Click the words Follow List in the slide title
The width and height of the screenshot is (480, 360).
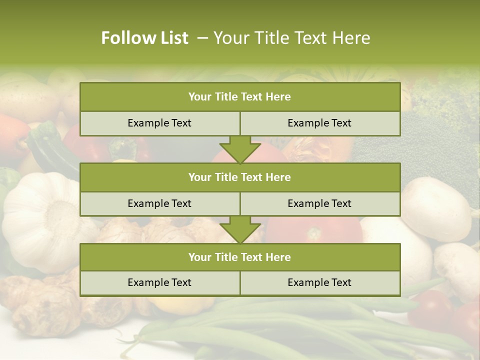point(144,38)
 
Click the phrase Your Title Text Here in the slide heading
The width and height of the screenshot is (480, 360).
point(291,38)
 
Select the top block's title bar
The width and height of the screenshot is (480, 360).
point(239,97)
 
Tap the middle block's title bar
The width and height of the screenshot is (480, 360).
point(239,177)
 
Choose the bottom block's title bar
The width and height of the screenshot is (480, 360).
point(239,257)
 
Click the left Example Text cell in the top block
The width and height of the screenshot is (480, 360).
point(159,123)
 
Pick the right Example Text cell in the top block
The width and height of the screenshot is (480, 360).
point(319,123)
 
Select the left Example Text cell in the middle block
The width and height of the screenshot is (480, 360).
point(159,203)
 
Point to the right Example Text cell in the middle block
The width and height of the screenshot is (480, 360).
point(319,203)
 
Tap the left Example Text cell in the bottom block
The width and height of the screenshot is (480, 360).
point(159,282)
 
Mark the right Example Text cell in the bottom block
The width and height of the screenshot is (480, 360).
point(319,282)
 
